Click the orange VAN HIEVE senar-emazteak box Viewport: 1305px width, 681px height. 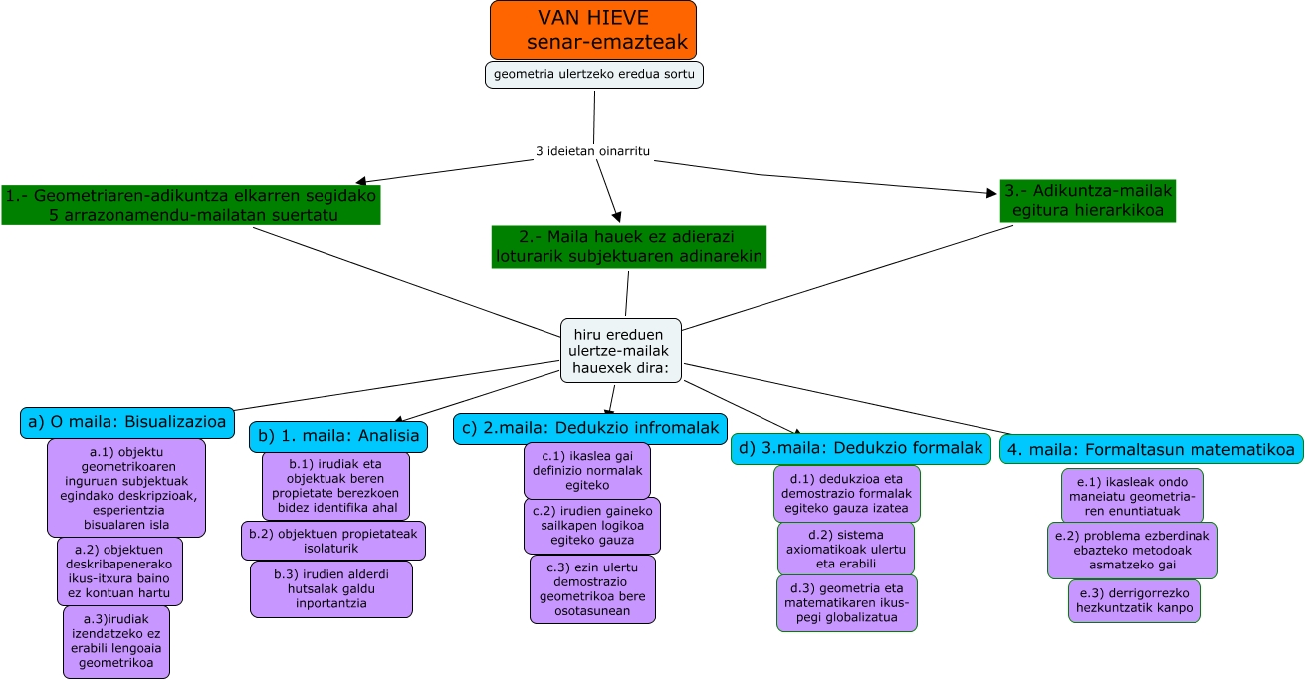click(x=592, y=30)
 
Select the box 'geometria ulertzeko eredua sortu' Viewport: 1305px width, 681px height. click(x=594, y=75)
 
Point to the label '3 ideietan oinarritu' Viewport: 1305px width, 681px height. click(x=593, y=151)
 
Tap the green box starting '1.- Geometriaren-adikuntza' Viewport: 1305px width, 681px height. click(x=191, y=205)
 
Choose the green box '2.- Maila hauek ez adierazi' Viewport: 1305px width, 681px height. click(x=628, y=247)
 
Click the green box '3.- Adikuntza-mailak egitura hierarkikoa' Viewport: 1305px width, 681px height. click(x=1088, y=201)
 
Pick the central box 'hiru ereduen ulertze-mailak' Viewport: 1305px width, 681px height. click(x=621, y=350)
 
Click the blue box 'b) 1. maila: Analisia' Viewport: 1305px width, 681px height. click(x=338, y=436)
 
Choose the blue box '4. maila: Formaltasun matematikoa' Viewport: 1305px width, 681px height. click(x=1151, y=449)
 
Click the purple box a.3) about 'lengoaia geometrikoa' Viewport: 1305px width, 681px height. click(x=116, y=642)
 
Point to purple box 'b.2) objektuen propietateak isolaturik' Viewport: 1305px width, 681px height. click(x=332, y=541)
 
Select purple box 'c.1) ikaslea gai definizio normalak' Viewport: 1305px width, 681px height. click(x=586, y=471)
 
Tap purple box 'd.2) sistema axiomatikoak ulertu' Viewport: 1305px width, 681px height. click(x=845, y=548)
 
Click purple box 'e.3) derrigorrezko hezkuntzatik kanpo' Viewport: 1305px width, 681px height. click(x=1135, y=601)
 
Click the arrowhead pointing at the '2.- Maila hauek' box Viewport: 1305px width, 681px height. click(x=616, y=214)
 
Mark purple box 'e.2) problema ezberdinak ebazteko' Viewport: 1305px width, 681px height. click(x=1132, y=551)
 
